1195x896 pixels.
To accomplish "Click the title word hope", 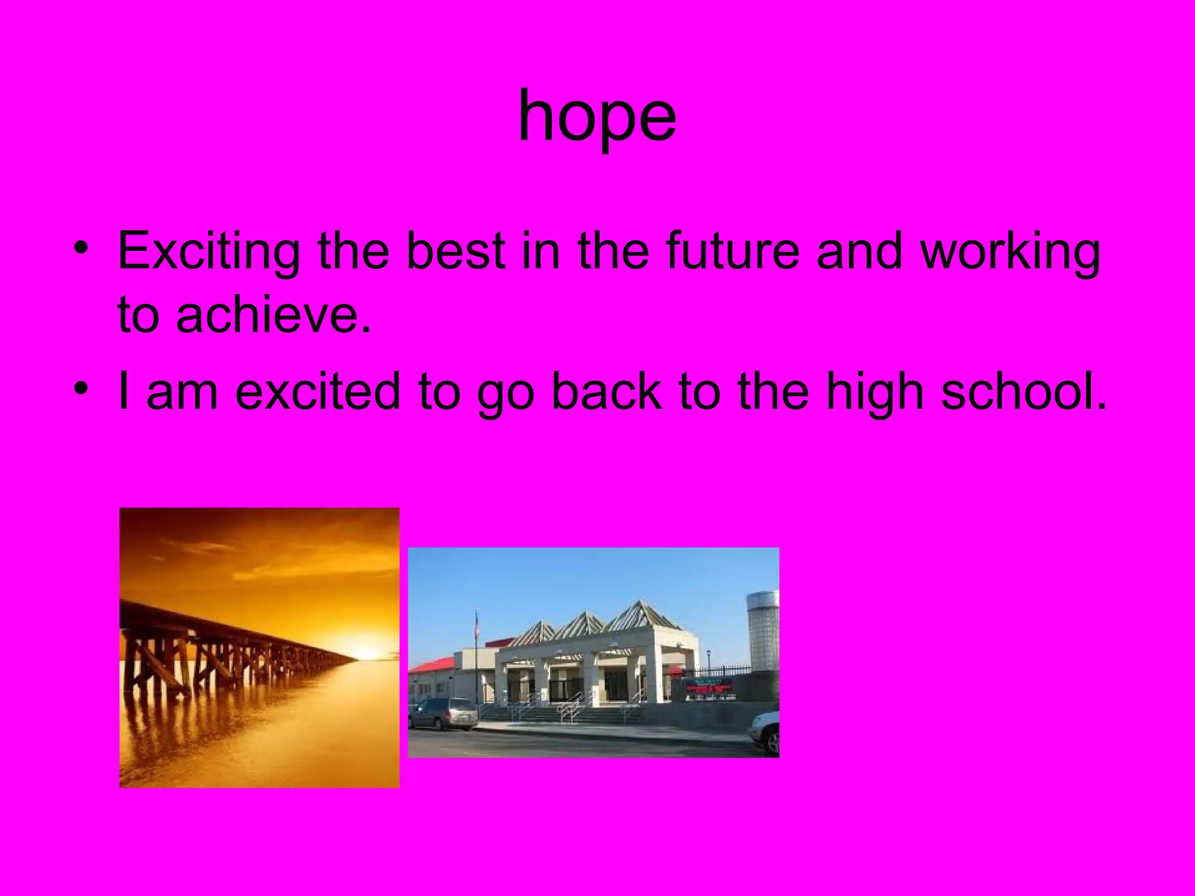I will pyautogui.click(x=597, y=117).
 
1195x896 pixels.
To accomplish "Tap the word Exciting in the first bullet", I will pyautogui.click(x=208, y=251).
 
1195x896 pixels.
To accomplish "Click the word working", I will pyautogui.click(x=1010, y=251).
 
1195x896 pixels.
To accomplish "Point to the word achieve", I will pyautogui.click(x=272, y=314).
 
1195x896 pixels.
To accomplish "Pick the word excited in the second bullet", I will pyautogui.click(x=317, y=391).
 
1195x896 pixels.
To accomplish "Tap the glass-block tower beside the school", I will pyautogui.click(x=763, y=630).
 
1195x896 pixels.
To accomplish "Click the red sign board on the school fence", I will pyautogui.click(x=710, y=688).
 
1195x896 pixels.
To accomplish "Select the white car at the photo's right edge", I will pyautogui.click(x=766, y=731).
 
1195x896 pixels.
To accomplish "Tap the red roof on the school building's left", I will pyautogui.click(x=432, y=663).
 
